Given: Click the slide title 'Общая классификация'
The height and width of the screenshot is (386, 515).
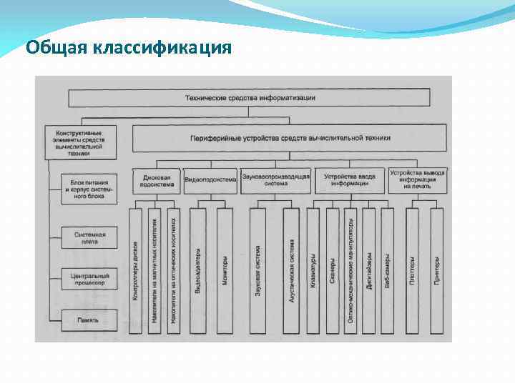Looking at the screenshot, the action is click(129, 48).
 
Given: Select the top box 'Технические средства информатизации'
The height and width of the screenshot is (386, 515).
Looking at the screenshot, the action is click(249, 97).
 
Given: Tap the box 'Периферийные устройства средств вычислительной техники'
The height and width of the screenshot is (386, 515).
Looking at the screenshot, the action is click(290, 137).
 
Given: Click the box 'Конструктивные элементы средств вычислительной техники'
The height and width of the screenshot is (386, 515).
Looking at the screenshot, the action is click(79, 142).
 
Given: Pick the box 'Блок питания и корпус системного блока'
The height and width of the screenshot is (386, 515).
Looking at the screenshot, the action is click(89, 188).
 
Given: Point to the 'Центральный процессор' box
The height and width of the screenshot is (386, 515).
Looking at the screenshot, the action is click(89, 279).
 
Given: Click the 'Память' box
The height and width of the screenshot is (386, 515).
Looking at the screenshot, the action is click(89, 320).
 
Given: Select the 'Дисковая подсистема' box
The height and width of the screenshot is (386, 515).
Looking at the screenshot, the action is click(156, 180).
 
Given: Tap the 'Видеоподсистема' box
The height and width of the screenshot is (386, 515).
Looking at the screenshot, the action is click(210, 180).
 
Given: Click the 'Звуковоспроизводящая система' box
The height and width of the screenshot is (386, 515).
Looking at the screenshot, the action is click(275, 180).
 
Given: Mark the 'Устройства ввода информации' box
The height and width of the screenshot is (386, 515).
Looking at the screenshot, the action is click(350, 180).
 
